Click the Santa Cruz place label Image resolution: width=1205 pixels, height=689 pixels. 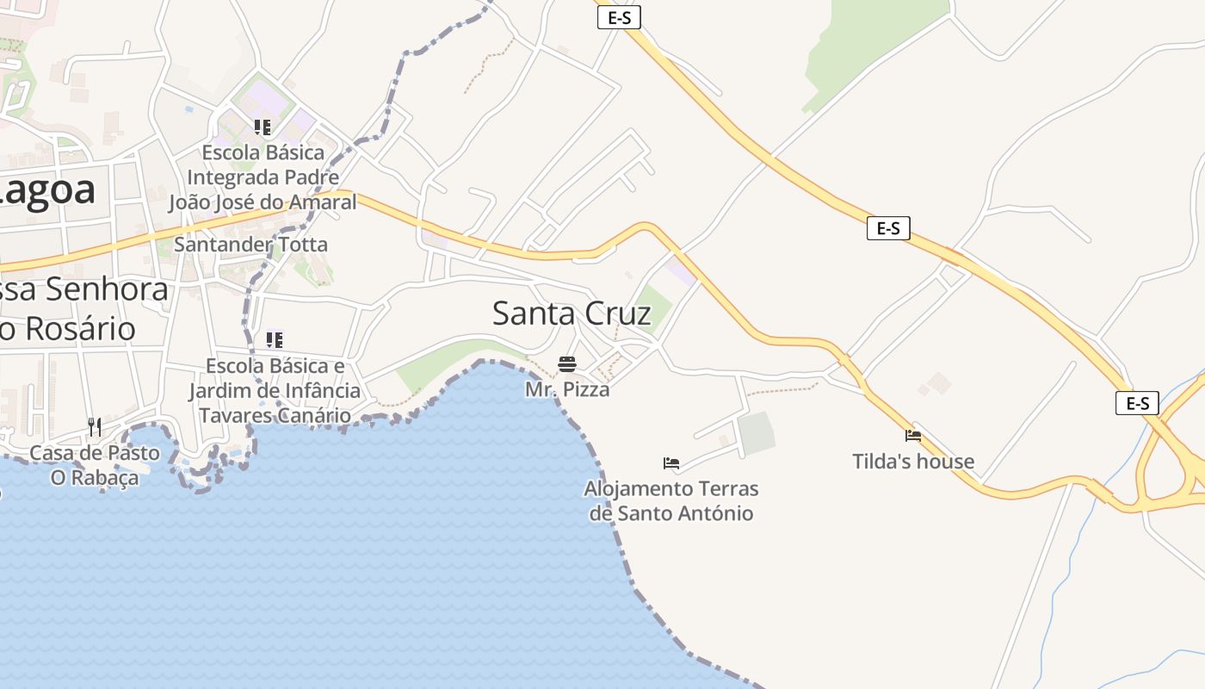572,313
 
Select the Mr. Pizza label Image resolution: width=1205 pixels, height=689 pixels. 567,389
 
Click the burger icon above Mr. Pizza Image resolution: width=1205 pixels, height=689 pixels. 566,363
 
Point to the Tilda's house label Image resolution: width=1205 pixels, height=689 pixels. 913,462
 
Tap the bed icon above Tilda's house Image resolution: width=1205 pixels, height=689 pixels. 913,436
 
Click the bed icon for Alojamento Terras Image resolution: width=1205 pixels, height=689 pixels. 671,463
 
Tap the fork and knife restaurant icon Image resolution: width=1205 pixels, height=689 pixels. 95,426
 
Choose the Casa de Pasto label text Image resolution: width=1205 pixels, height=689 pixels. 95,453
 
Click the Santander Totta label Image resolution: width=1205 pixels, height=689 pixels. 250,245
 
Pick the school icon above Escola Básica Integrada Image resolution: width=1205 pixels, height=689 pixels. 263,127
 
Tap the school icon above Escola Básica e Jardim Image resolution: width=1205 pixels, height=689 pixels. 275,339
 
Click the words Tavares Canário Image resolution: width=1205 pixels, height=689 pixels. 275,415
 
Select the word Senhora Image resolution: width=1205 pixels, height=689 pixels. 108,289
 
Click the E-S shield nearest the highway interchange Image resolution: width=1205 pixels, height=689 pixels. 1137,403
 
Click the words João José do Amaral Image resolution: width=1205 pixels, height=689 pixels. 263,202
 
